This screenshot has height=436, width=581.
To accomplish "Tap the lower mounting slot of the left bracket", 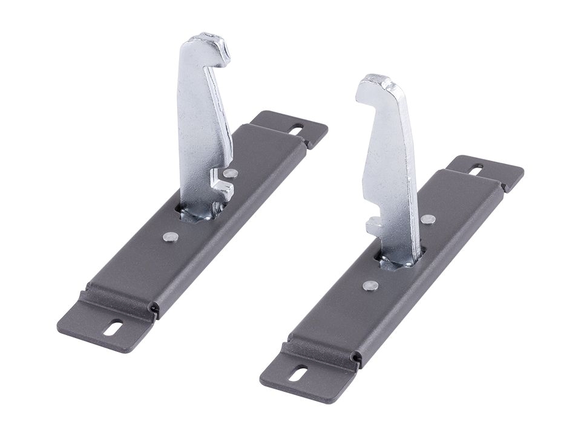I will (113, 329).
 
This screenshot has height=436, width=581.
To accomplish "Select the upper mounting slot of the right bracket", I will (476, 170).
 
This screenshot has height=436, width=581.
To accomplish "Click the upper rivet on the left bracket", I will (229, 173).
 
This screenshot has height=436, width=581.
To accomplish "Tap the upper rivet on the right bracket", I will (428, 220).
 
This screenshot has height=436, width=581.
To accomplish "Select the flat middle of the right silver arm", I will (390, 163).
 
